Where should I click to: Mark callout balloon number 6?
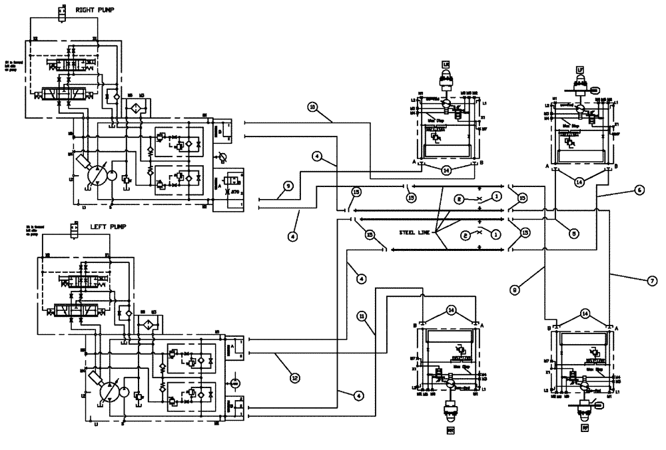click(638, 190)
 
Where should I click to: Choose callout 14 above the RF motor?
click(584, 312)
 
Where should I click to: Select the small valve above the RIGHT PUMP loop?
click(62, 11)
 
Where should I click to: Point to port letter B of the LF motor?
click(616, 166)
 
